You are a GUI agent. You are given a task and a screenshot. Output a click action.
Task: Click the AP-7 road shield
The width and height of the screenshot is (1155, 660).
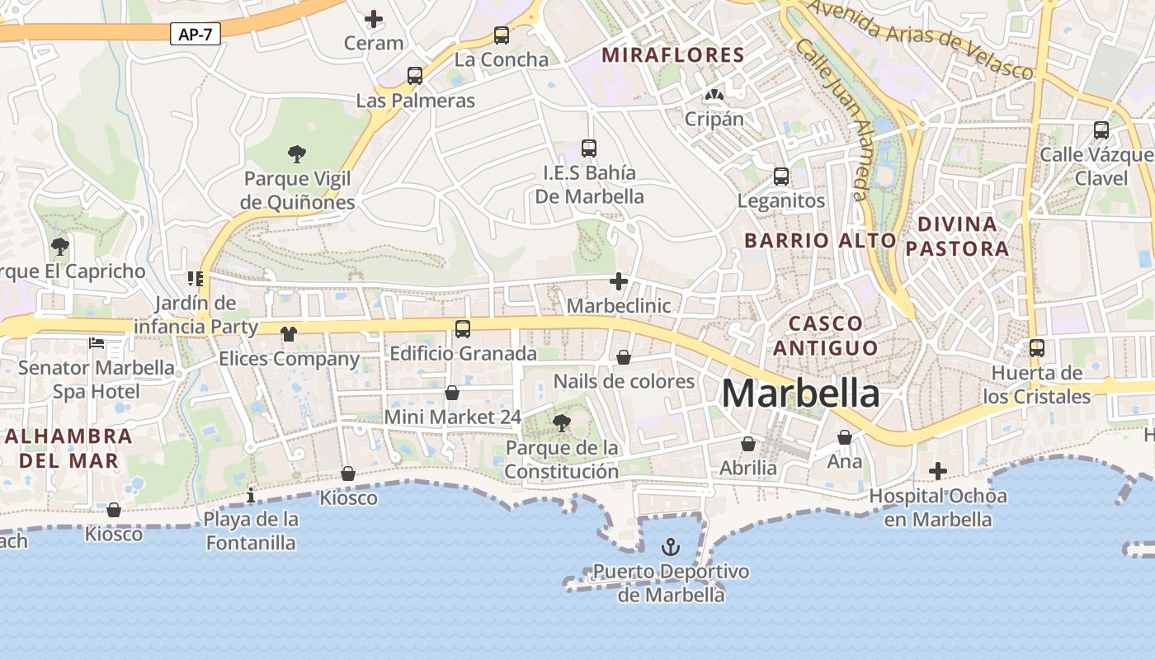point(196,34)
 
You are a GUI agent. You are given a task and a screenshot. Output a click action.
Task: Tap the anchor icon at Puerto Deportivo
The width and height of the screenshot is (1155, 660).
point(671,547)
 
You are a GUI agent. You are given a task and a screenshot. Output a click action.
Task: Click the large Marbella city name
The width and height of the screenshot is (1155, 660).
point(800,394)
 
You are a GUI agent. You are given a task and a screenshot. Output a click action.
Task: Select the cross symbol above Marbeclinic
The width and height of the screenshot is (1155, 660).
point(619,282)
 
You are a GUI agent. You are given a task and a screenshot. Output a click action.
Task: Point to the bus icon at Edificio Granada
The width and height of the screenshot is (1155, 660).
point(463,329)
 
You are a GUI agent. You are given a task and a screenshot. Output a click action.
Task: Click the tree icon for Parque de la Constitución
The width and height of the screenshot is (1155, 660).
point(562,424)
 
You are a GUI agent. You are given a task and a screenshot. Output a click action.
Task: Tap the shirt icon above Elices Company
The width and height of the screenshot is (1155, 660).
point(288,334)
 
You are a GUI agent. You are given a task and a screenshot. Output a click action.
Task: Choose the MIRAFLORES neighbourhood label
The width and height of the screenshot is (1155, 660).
point(673,55)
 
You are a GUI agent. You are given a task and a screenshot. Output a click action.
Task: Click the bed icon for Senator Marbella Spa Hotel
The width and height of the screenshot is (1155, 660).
point(97,343)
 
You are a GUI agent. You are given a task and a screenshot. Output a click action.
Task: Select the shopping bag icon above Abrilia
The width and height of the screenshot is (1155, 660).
point(748,445)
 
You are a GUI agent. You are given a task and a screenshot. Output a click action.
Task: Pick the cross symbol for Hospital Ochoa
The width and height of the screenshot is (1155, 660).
point(938,471)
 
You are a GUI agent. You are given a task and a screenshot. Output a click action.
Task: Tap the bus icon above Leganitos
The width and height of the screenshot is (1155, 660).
point(780,177)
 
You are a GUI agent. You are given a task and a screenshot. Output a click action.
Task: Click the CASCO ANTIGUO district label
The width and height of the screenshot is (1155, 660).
point(826,335)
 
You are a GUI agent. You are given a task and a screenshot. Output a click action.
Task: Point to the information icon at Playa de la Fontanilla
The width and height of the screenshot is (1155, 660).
point(251,495)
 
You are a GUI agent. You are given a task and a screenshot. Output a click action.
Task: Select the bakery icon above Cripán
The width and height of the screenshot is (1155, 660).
point(714,96)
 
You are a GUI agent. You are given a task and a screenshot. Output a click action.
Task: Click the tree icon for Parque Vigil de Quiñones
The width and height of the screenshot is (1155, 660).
point(297,153)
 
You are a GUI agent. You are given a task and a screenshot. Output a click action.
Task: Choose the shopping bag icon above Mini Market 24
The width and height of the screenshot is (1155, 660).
point(452,393)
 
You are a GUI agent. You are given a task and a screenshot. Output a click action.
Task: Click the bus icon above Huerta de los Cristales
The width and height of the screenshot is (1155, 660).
point(1037,348)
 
